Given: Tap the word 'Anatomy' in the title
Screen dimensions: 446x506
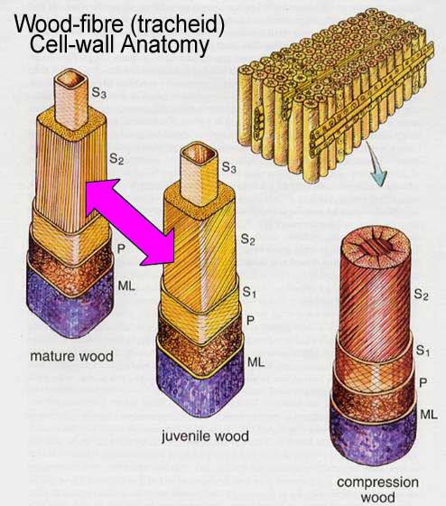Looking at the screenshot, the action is pyautogui.click(x=165, y=45).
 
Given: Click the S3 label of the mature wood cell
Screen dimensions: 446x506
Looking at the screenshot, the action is pyautogui.click(x=99, y=93).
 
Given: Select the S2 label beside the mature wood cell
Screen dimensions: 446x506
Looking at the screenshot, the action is pyautogui.click(x=116, y=158).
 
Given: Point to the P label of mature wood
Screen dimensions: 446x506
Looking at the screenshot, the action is pyautogui.click(x=121, y=248).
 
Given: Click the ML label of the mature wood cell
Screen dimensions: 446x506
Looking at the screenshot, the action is pyautogui.click(x=125, y=286).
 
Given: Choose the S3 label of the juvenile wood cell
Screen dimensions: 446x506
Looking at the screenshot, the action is pyautogui.click(x=228, y=167).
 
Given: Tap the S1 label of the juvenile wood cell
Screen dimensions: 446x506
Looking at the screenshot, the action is pyautogui.click(x=249, y=292).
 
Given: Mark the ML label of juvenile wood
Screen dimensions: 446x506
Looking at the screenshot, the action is pyautogui.click(x=256, y=361).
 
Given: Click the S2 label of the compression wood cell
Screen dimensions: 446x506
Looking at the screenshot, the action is pyautogui.click(x=422, y=295).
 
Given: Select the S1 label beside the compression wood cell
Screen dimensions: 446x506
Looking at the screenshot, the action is pyautogui.click(x=423, y=351).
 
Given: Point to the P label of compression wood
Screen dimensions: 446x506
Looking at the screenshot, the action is pyautogui.click(x=423, y=382).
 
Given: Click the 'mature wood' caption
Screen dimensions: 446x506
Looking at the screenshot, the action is pyautogui.click(x=71, y=357).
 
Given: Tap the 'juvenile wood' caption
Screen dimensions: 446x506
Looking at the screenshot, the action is pyautogui.click(x=205, y=436).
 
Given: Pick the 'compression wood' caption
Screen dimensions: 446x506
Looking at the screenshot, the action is pyautogui.click(x=377, y=489).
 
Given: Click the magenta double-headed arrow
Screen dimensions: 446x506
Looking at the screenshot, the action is pyautogui.click(x=131, y=221).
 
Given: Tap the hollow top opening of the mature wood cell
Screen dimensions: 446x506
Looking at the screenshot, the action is pyautogui.click(x=71, y=80).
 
